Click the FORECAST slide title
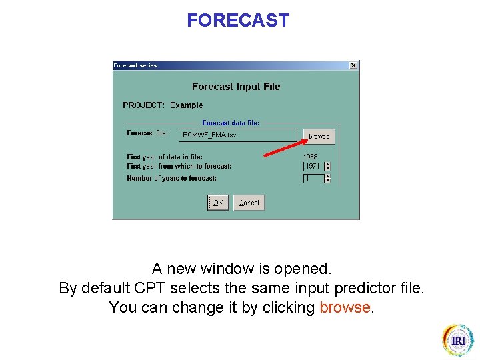238,21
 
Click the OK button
218,202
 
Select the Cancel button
249,202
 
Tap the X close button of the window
353,65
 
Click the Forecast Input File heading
236,87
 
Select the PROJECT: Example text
163,105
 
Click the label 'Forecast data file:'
231,123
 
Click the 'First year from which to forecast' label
179,166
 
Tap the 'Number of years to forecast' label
171,178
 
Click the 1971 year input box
313,166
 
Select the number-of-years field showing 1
313,179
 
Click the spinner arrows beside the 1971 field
327,166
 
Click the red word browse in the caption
345,307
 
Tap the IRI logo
457,340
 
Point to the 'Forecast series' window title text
135,65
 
